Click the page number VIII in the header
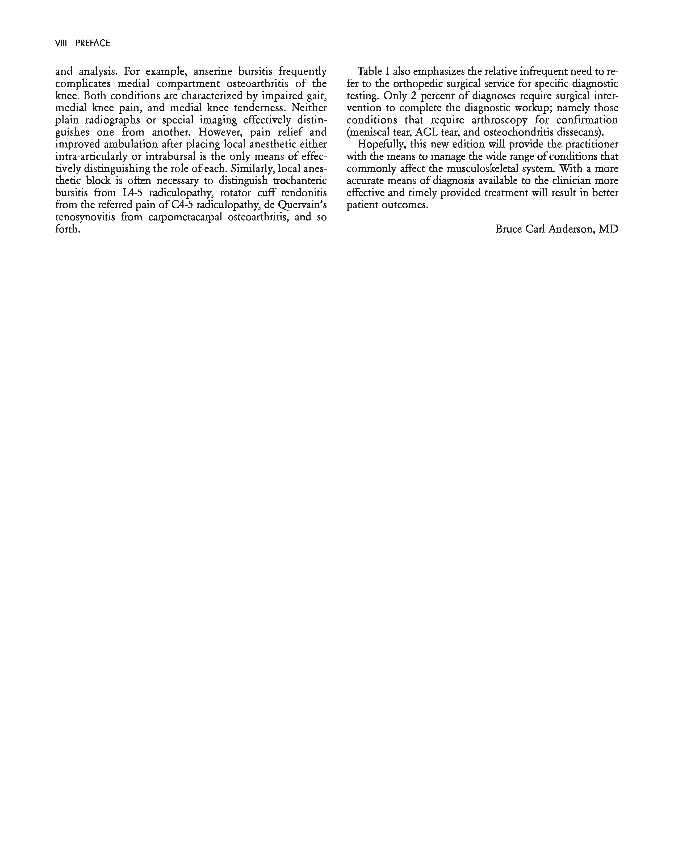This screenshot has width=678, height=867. click(x=61, y=43)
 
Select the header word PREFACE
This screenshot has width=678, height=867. click(x=93, y=43)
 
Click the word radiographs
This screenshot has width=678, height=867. click(x=112, y=120)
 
